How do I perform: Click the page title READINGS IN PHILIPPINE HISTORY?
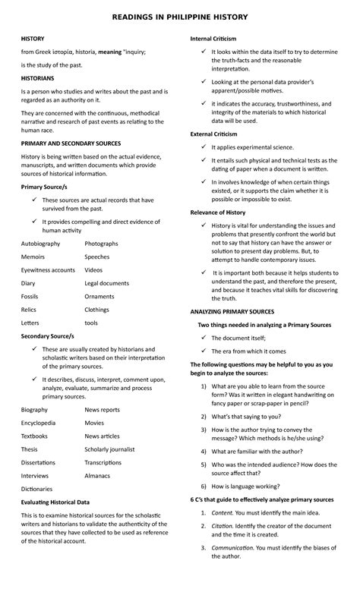[x=179, y=16]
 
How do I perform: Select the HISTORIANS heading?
[x=38, y=77]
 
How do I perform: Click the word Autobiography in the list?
[x=41, y=244]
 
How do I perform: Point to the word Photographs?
[x=101, y=244]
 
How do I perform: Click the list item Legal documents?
[x=106, y=283]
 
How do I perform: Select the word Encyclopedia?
[x=38, y=423]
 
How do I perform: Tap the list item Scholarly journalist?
[x=109, y=449]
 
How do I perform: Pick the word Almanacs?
[x=97, y=476]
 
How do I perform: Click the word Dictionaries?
[x=37, y=489]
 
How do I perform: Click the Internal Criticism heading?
[x=213, y=38]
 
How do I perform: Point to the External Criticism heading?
[x=213, y=134]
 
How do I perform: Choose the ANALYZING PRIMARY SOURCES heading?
[x=232, y=311]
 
